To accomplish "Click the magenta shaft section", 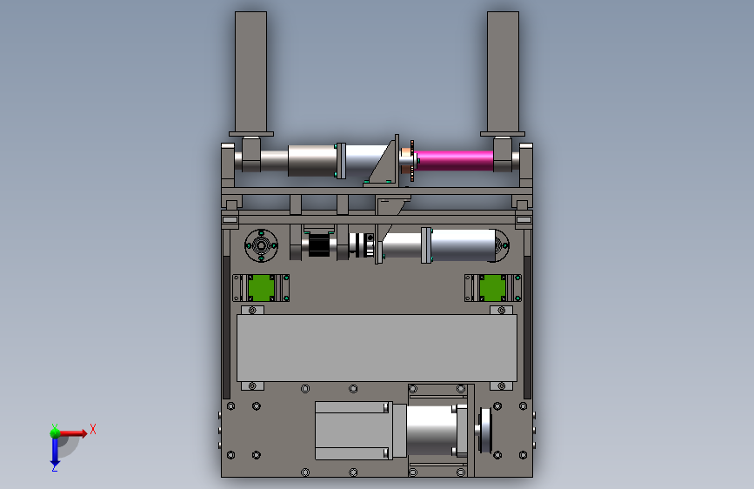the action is coord(455,161).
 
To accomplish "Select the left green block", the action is coord(261,288).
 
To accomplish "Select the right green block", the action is coord(492,288).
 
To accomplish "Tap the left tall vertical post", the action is coord(250,72).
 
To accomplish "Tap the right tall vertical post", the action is coord(503,72).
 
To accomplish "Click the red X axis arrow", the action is coord(72,433).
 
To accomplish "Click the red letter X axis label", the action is coord(93,429).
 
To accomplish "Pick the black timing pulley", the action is coord(317,245).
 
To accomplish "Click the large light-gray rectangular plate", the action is coord(377,348).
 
